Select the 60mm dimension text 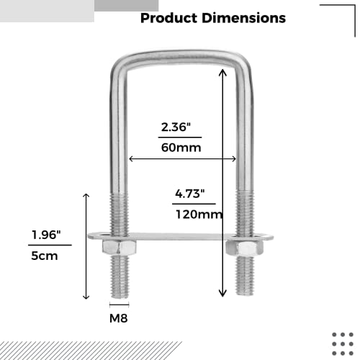tap(180, 148)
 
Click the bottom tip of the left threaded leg tap(120, 295)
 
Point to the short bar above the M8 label tap(120, 305)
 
